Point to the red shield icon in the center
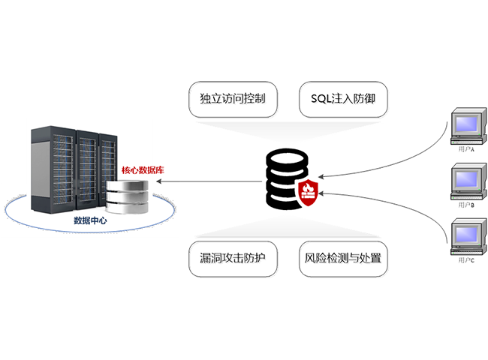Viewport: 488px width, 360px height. click(x=309, y=192)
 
